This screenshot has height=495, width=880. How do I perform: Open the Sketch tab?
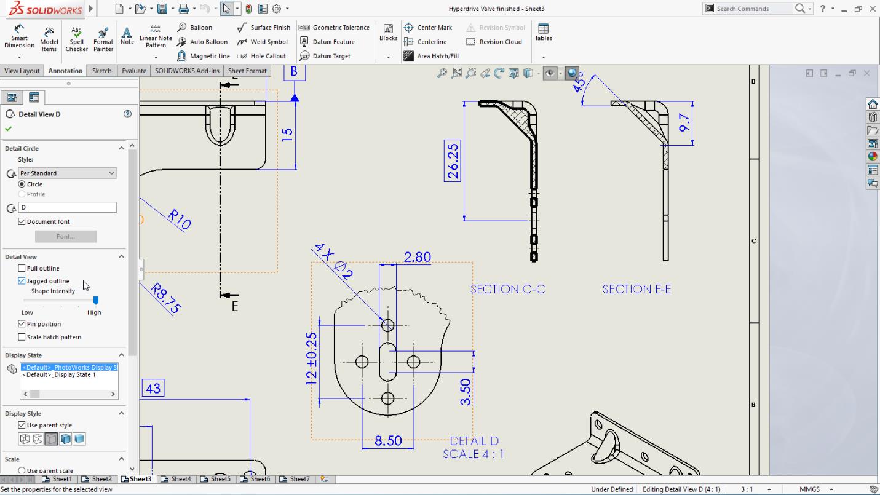click(x=101, y=71)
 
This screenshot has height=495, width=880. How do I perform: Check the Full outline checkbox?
click(x=22, y=268)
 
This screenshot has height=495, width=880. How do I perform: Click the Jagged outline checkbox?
click(x=22, y=281)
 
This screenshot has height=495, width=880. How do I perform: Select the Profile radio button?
click(x=22, y=194)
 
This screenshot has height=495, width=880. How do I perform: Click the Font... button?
click(x=66, y=237)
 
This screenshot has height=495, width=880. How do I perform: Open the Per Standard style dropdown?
click(x=67, y=173)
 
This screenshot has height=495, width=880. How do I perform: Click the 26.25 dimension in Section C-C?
click(x=453, y=161)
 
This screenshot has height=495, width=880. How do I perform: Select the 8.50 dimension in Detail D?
click(x=387, y=441)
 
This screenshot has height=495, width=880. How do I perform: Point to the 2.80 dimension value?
click(x=417, y=257)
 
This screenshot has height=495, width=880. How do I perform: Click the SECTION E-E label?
click(x=636, y=289)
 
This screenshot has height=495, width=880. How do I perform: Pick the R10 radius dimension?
click(x=180, y=219)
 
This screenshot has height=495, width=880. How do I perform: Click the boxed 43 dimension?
click(x=153, y=388)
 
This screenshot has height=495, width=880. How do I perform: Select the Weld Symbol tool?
click(x=263, y=42)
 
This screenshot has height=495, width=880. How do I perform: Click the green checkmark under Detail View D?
click(x=8, y=129)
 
